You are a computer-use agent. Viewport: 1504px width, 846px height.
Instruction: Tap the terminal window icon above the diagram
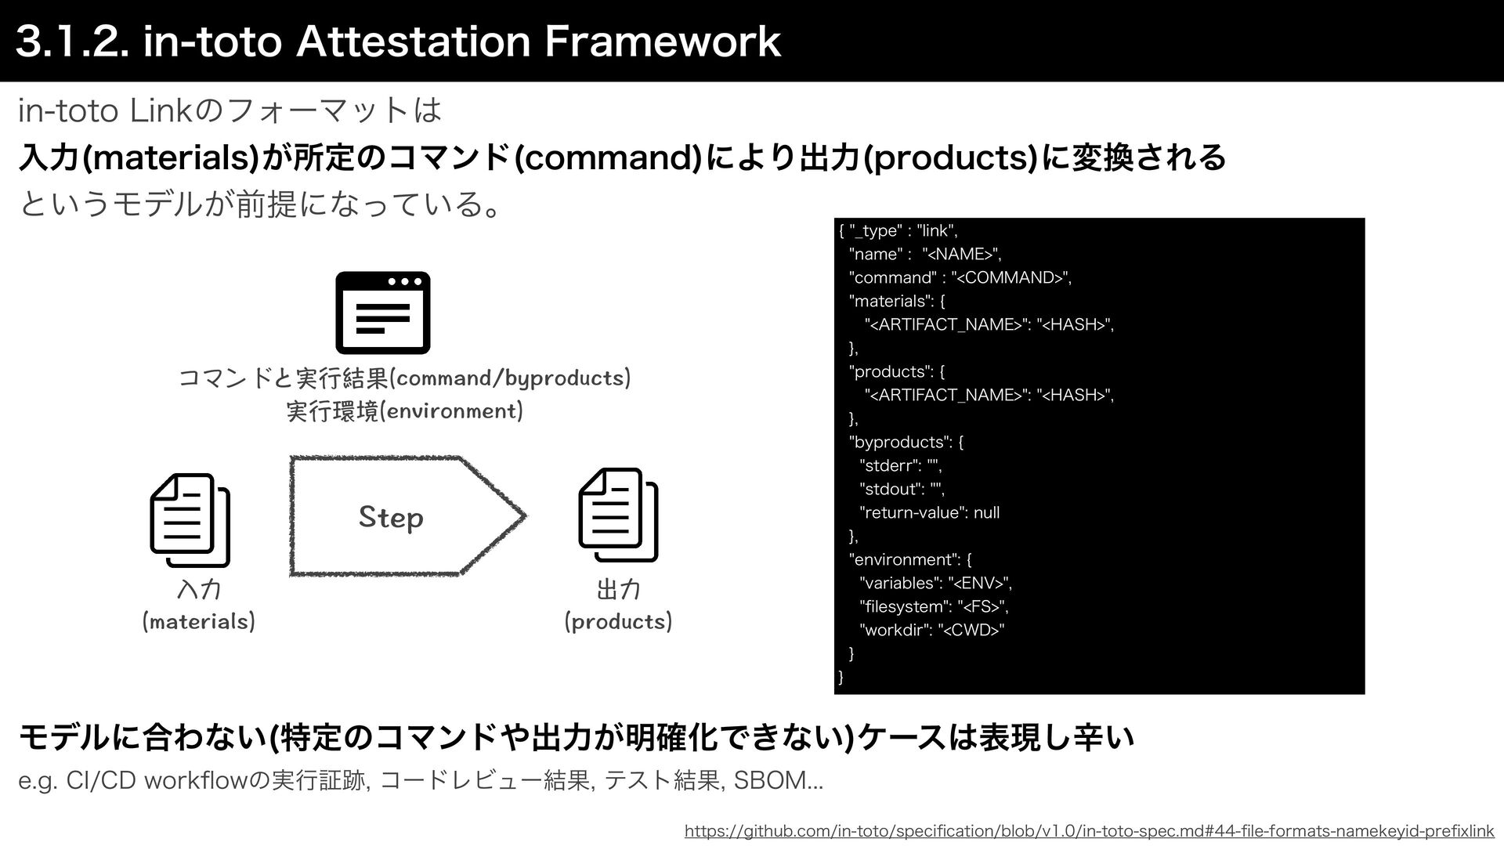point(383,313)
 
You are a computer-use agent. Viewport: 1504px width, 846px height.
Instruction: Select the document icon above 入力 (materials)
point(190,519)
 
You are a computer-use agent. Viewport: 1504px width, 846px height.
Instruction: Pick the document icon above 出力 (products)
point(618,515)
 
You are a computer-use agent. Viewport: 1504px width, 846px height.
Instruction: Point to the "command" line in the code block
point(960,277)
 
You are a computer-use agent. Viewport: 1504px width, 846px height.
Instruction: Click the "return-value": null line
point(929,512)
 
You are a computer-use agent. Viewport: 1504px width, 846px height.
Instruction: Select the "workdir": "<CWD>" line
point(931,630)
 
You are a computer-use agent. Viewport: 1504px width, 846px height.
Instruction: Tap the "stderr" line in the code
point(900,465)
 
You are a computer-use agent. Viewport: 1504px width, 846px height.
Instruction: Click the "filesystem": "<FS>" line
point(934,606)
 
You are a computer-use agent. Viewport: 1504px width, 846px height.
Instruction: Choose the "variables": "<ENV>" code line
point(935,583)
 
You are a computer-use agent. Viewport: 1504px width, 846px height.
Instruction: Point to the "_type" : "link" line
point(898,230)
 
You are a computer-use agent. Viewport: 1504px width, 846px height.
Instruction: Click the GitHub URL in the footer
point(1089,830)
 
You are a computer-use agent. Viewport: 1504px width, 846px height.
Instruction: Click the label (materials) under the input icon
point(199,622)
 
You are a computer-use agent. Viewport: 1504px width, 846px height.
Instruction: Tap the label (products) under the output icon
point(618,622)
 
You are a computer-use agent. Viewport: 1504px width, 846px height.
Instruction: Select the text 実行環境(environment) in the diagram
point(404,410)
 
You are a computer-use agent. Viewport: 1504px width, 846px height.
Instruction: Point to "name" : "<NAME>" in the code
point(925,254)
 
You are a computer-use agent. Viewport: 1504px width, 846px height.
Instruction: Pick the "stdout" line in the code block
point(902,489)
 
